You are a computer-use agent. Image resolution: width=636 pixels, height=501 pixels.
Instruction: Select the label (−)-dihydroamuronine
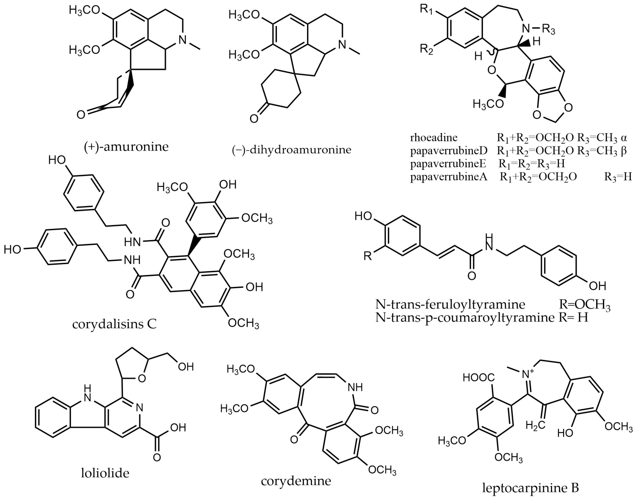pos(291,150)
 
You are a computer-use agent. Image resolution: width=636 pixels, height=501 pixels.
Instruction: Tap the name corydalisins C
pos(114,324)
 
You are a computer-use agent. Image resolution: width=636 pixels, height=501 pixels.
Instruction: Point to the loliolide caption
pos(105,473)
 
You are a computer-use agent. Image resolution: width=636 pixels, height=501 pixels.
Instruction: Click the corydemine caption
pos(296,481)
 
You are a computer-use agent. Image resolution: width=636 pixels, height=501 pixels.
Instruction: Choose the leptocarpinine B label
pos(530,488)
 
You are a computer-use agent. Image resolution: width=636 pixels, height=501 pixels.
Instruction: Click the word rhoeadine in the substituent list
pos(434,137)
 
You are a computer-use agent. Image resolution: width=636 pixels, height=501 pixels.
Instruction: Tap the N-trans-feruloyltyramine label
pos(450,305)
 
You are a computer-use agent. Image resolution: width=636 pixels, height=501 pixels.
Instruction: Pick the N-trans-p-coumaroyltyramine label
pos(465,317)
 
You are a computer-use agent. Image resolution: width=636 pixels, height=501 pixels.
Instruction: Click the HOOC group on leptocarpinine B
pos(478,378)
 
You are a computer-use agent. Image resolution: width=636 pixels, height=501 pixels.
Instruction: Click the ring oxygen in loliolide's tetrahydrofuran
pos(142,379)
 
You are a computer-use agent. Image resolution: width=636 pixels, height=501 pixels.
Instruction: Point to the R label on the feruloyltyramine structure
pos(367,256)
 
